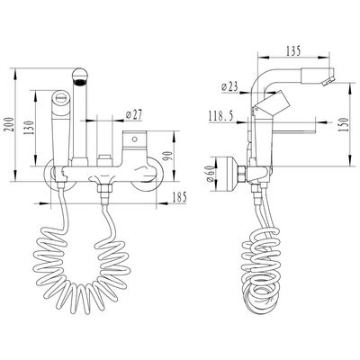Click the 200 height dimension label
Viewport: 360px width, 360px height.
(8, 124)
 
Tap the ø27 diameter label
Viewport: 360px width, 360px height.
(133, 114)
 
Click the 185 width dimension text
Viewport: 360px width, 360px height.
(179, 197)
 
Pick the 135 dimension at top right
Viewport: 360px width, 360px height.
(292, 51)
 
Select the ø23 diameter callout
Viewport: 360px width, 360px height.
(229, 87)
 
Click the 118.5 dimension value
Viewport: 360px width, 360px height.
(220, 116)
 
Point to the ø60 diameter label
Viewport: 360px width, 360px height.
(211, 174)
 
